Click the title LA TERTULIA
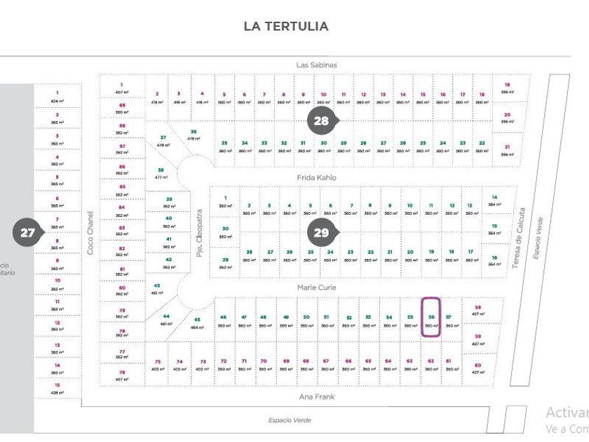286,26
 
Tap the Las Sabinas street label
316,65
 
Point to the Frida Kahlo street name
316,178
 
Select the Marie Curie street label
316,287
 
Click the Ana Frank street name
316,396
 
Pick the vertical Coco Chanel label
90,232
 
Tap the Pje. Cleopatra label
199,232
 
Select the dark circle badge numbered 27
27,233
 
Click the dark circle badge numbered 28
321,121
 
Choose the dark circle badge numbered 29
321,233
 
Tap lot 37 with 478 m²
163,141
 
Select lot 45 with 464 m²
197,323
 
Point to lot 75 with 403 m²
157,365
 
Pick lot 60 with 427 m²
478,368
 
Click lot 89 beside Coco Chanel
122,108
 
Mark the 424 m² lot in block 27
57,96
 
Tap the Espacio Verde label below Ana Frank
289,420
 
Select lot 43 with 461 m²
157,289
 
